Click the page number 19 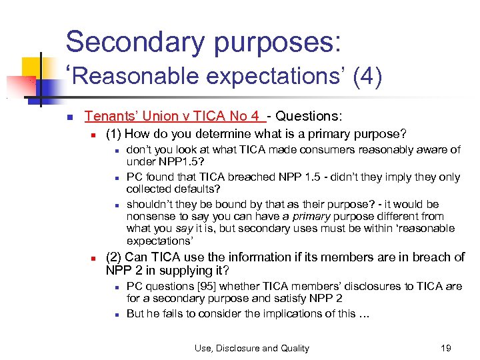(x=445, y=348)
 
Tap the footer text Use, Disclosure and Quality (x=251, y=348)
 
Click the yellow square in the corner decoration (x=32, y=67)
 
